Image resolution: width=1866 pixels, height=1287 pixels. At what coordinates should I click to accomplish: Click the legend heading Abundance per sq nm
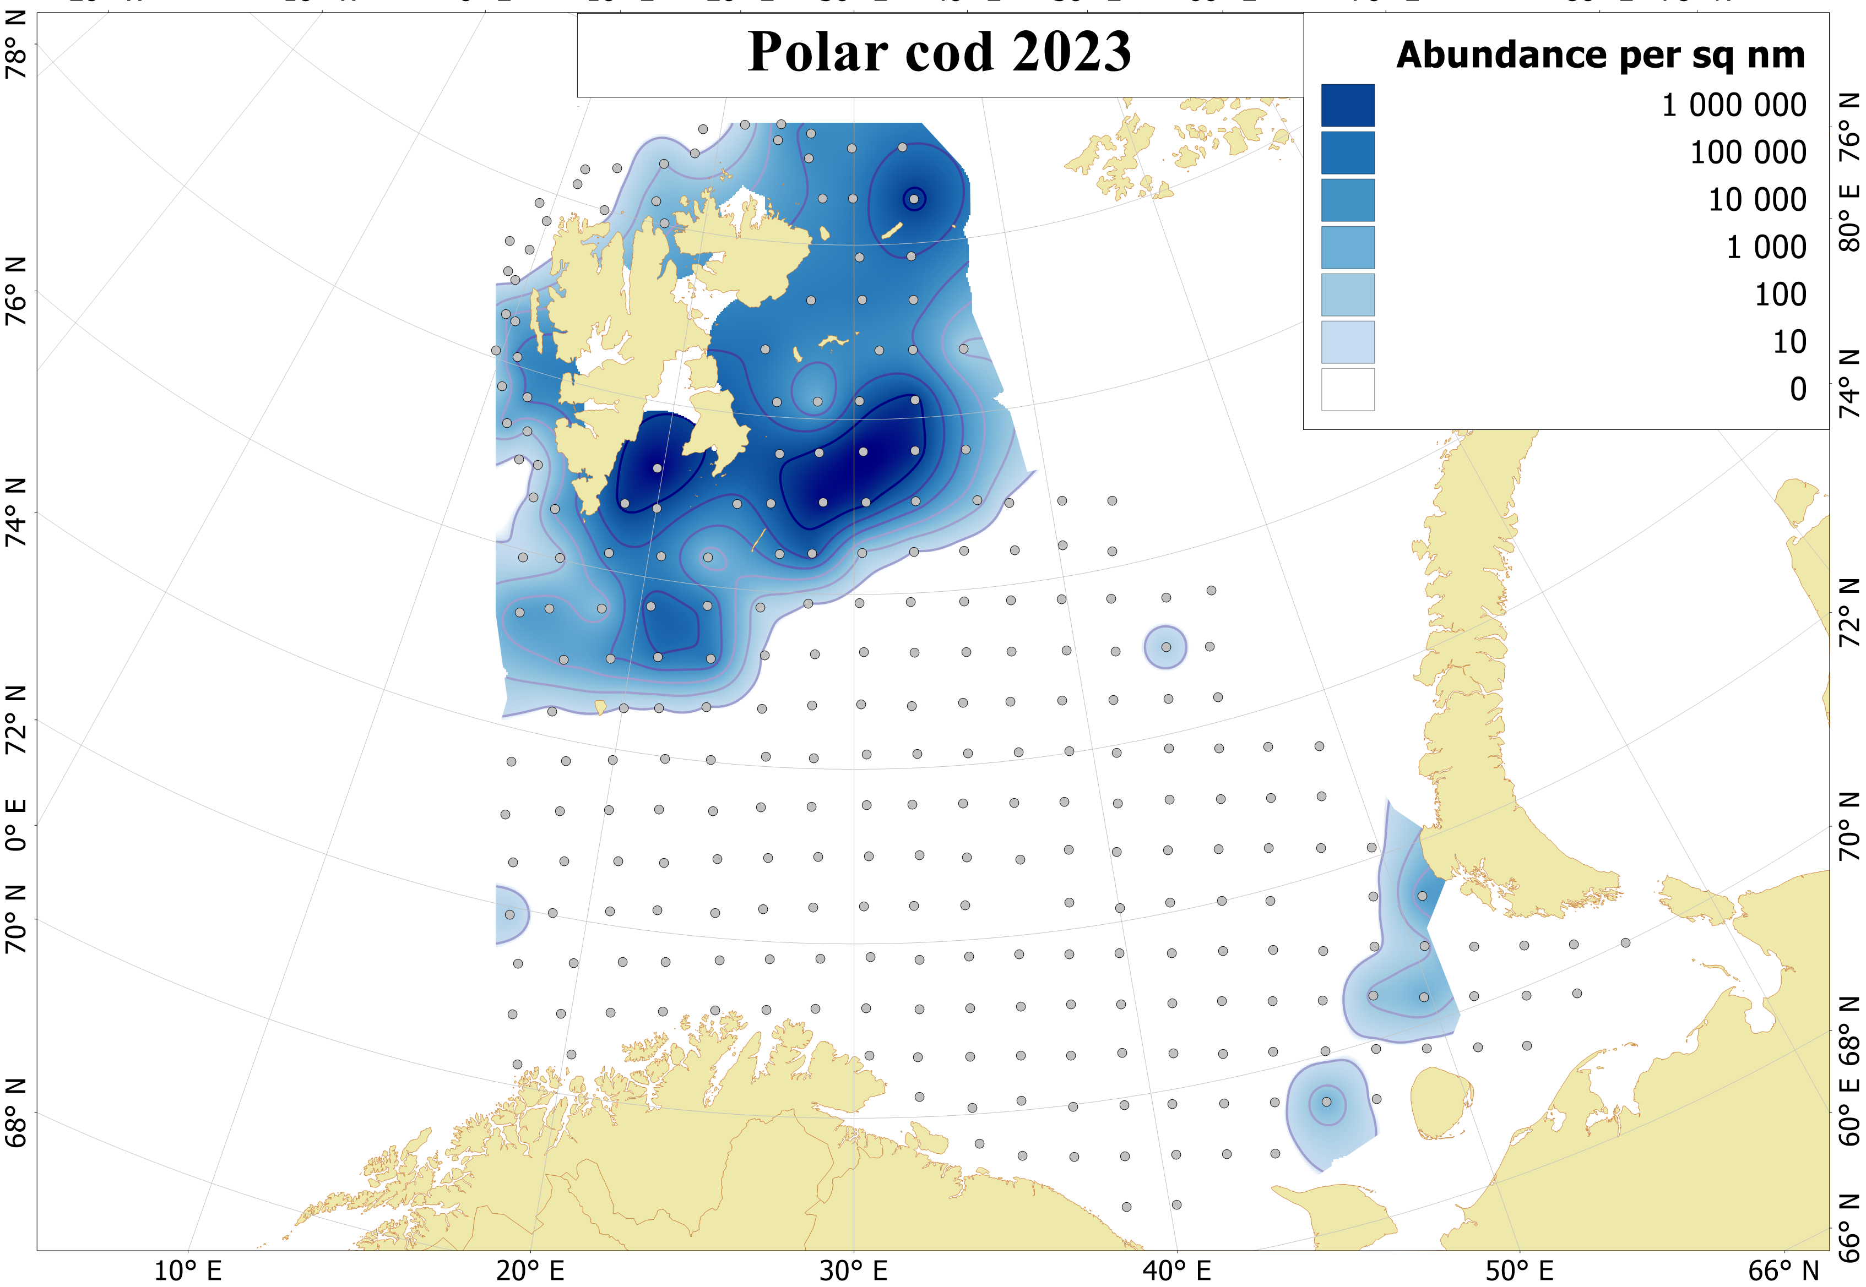[x=1600, y=56]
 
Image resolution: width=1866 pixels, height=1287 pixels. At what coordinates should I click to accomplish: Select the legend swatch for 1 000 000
[x=1347, y=106]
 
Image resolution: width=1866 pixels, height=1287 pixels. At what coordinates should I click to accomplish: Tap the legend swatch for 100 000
[x=1347, y=153]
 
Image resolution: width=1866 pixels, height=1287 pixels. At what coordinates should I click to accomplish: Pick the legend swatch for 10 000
[x=1347, y=200]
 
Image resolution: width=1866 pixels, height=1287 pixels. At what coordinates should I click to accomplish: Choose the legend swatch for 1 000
[x=1347, y=248]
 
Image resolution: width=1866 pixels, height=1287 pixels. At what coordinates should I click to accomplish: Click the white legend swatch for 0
[x=1347, y=390]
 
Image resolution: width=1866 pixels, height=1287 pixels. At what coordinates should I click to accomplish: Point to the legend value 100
[x=1780, y=295]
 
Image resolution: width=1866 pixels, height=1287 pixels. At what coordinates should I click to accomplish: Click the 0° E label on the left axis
[x=16, y=826]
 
